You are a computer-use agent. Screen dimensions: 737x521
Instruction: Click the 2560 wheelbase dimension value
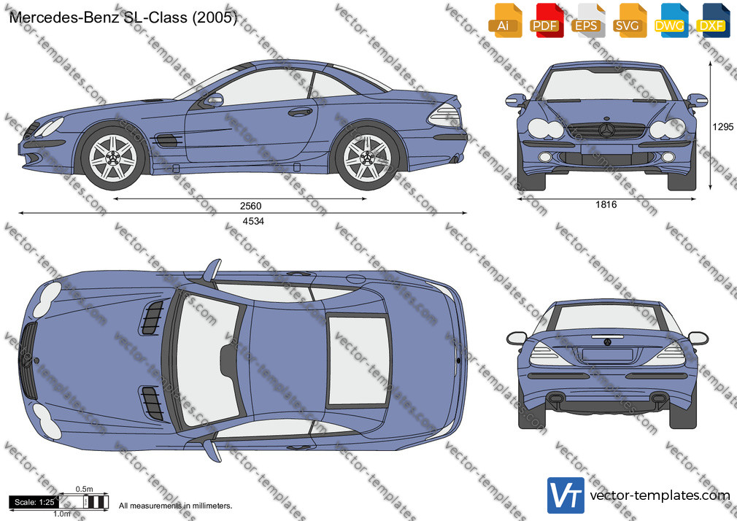tap(250, 206)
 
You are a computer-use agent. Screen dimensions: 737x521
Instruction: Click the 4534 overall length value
tap(253, 221)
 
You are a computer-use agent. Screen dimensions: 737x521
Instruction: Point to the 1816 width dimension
tap(606, 204)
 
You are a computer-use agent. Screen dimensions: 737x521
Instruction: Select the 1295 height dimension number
tap(723, 126)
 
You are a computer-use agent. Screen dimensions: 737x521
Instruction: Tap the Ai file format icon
tap(505, 20)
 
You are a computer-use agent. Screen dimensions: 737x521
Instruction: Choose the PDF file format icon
tap(546, 20)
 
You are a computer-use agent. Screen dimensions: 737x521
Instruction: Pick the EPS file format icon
tap(587, 20)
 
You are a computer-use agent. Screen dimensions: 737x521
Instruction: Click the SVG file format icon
tap(629, 20)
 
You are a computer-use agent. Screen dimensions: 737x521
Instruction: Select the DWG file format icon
tap(671, 20)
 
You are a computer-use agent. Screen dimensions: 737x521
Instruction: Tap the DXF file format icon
tap(713, 20)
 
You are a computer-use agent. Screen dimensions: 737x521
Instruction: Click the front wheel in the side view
tap(113, 158)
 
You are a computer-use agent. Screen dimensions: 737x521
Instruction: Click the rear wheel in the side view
tap(367, 158)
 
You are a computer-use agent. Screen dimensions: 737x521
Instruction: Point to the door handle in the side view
tap(301, 112)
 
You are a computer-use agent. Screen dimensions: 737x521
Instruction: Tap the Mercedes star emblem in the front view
tap(606, 130)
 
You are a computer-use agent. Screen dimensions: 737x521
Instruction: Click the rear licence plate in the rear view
tap(607, 355)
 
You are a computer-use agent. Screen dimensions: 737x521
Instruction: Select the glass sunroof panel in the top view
tap(359, 360)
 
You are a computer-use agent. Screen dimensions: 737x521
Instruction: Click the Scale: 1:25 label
tap(34, 502)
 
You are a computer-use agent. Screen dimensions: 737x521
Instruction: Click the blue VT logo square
tap(566, 495)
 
